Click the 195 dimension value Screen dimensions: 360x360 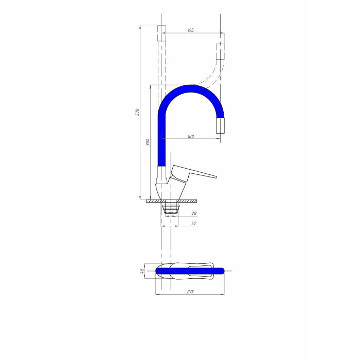(191, 30)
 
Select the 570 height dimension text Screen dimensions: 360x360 (137, 112)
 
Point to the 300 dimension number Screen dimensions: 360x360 (148, 142)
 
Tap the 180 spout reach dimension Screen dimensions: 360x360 (191, 136)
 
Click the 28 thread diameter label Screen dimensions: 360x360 (194, 213)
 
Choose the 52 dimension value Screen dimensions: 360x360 (194, 223)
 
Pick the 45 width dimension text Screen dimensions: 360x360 (142, 271)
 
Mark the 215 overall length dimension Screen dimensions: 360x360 (190, 292)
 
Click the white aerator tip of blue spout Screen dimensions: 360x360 (221, 125)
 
